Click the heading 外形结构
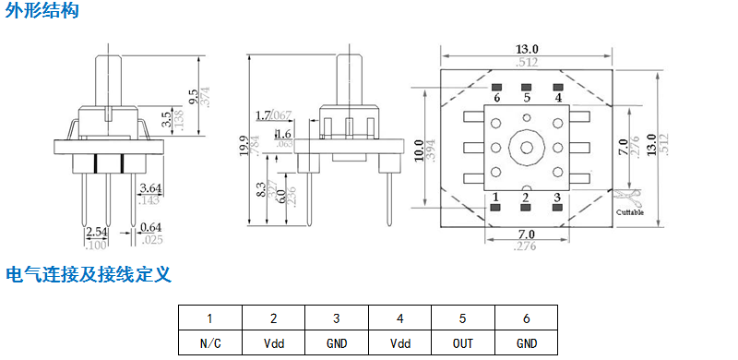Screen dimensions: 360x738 click(x=42, y=12)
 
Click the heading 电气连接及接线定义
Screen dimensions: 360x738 click(x=89, y=274)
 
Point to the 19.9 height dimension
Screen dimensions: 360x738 click(x=243, y=146)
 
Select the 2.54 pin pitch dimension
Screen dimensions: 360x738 click(x=96, y=232)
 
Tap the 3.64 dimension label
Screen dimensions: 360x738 click(x=149, y=188)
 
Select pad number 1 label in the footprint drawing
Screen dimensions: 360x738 click(x=496, y=197)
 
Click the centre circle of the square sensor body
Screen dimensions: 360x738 click(x=527, y=148)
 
